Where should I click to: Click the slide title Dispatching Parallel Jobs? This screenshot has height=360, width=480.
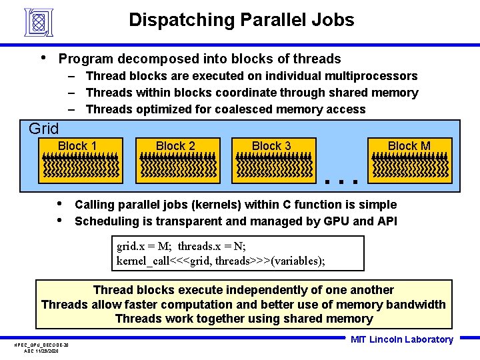(241, 20)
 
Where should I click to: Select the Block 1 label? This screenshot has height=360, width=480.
(77, 146)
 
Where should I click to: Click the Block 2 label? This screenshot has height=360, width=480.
(175, 146)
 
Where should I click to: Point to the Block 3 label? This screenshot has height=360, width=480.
(271, 146)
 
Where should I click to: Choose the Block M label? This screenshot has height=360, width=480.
(409, 146)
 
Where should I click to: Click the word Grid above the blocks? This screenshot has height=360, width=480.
(44, 129)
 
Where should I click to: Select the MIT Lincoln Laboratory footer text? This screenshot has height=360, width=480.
(401, 339)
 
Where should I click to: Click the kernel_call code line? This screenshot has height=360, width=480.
(221, 261)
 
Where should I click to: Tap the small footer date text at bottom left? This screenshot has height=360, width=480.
(41, 350)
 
